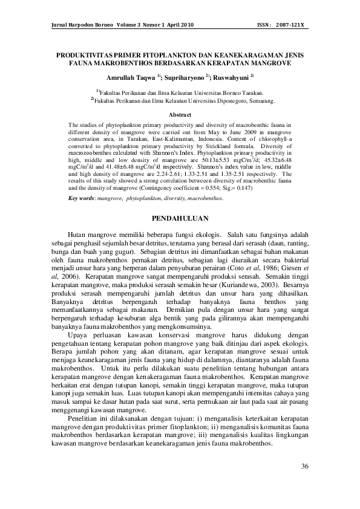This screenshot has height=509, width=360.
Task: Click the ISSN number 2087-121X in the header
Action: coord(292,25)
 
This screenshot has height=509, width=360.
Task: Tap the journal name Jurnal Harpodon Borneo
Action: coord(76,25)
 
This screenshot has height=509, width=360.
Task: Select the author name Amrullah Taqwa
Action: coord(130,79)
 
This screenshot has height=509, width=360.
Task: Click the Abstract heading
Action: coord(180,114)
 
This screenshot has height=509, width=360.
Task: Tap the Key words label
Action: coord(81,198)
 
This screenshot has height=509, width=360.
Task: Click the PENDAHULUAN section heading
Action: coord(180,218)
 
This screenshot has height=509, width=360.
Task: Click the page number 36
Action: coord(304,466)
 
